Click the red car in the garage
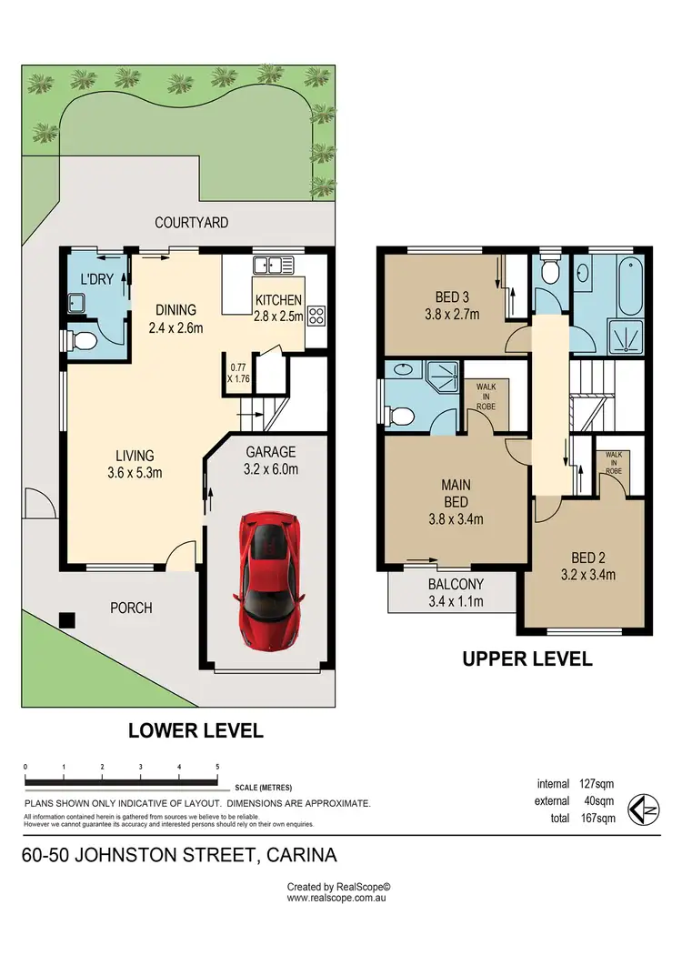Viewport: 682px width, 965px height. click(268, 579)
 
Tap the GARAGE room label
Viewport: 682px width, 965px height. click(271, 452)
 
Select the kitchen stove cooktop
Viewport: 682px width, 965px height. click(316, 316)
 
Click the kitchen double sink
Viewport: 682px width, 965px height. click(274, 266)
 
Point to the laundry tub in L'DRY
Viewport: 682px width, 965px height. click(77, 303)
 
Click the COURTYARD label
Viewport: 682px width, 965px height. click(192, 222)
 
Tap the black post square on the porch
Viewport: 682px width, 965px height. click(67, 619)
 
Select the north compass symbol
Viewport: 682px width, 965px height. click(643, 809)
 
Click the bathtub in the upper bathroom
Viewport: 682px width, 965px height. click(629, 287)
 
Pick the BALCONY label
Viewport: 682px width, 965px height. click(456, 584)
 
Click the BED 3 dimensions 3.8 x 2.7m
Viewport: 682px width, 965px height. click(452, 315)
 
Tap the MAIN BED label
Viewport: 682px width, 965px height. click(456, 493)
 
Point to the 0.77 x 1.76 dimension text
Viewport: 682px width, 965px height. click(239, 373)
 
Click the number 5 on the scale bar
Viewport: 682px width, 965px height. click(217, 767)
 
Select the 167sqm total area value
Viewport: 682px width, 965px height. click(598, 818)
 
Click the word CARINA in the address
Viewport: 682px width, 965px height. click(302, 856)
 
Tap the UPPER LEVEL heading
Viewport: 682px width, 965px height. click(527, 659)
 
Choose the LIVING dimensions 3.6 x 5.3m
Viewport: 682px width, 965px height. click(135, 473)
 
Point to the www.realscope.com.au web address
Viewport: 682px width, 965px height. click(336, 898)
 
